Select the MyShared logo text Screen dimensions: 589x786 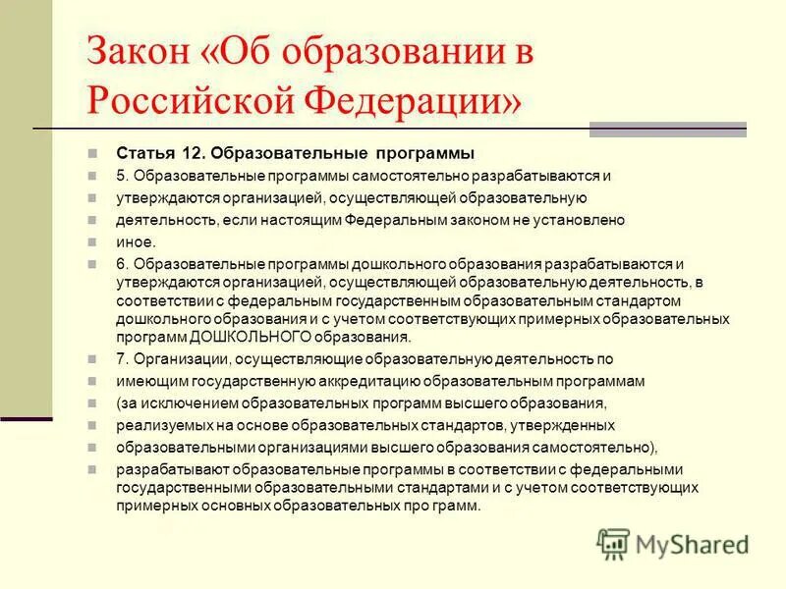692,544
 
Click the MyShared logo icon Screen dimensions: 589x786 613,543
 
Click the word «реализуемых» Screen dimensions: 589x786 162,425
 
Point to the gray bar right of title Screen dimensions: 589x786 667,130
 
